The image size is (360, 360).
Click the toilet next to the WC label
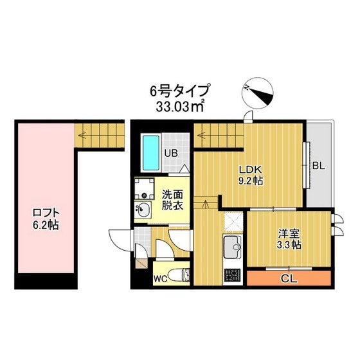182,275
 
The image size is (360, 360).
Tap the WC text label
161,279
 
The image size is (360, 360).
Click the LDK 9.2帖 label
250,175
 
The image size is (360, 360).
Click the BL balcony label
318,165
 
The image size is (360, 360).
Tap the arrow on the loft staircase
82,135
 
